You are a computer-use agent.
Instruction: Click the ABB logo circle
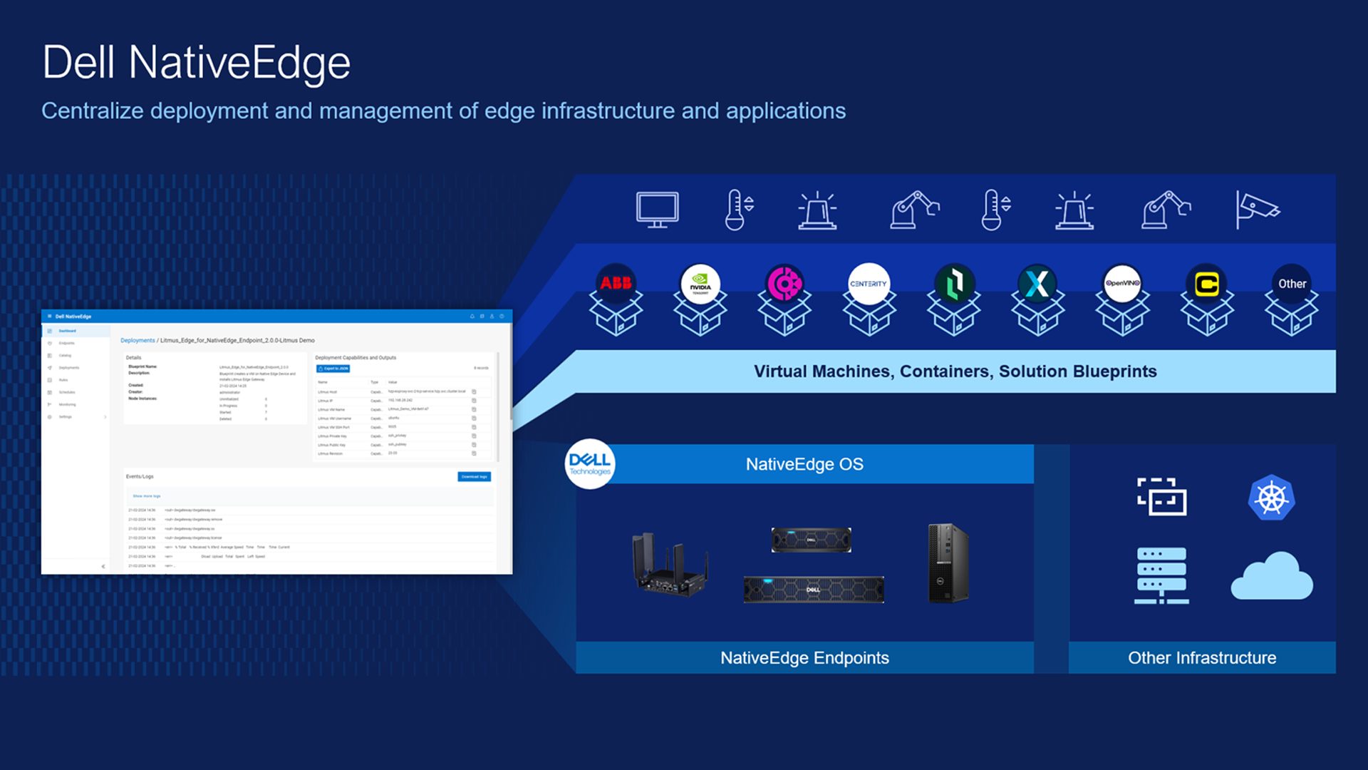point(616,283)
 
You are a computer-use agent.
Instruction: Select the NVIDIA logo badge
point(700,284)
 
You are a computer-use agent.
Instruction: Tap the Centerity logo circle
point(869,284)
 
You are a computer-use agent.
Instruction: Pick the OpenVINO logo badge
point(1122,284)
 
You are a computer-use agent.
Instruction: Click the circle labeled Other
point(1292,284)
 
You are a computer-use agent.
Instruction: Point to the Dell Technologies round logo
point(590,463)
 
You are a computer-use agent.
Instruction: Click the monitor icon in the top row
point(657,210)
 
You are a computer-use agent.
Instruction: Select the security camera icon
point(1258,210)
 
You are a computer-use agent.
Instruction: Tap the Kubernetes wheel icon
point(1272,498)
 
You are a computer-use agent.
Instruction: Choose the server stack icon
point(1161,575)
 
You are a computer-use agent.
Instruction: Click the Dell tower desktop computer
point(948,563)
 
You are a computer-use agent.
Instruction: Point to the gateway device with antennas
point(669,565)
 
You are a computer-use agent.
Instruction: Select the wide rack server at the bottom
point(813,590)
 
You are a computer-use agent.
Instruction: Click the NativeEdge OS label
point(804,464)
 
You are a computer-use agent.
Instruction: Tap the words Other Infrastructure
point(1202,658)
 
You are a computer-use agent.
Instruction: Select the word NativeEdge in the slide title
point(239,63)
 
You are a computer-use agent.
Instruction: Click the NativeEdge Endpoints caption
point(804,658)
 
